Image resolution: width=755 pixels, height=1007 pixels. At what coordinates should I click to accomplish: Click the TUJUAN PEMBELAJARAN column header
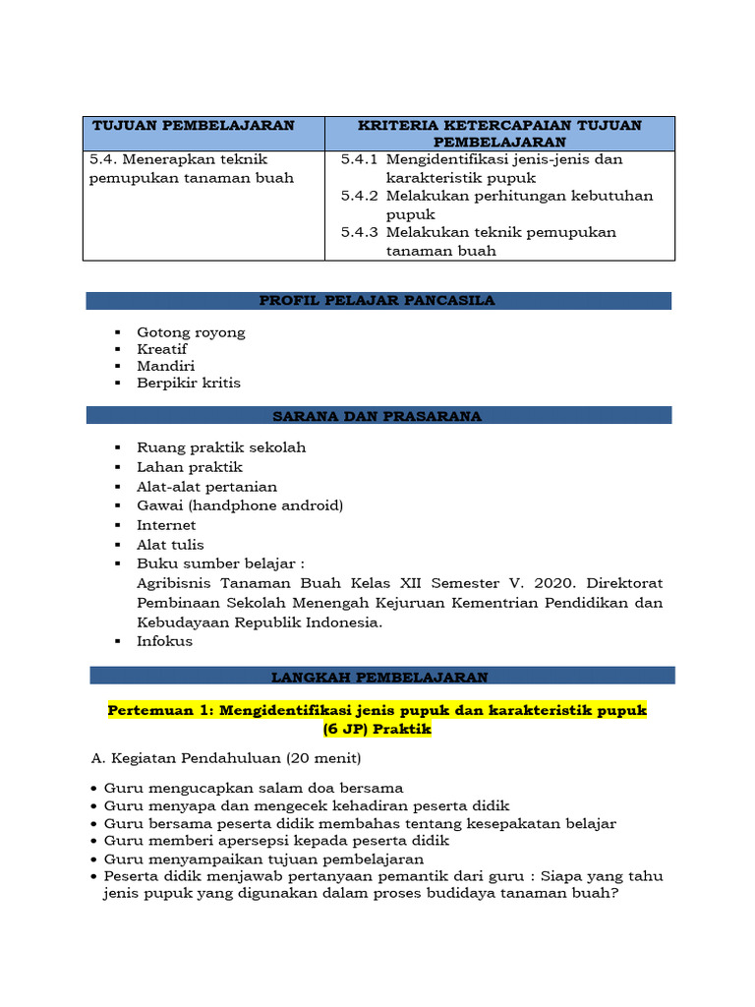[193, 126]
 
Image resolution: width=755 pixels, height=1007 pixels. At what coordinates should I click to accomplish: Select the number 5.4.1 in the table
[359, 159]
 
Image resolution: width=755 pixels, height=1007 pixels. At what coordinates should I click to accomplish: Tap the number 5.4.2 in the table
[359, 196]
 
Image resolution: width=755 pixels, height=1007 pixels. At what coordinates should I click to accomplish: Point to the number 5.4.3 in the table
[359, 232]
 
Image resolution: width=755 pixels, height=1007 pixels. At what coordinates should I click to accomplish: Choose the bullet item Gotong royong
[191, 332]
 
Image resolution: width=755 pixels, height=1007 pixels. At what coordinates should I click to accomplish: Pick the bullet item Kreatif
[162, 349]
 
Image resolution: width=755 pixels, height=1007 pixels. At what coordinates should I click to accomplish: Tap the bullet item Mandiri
[165, 366]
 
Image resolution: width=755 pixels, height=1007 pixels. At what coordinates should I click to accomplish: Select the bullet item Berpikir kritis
[189, 383]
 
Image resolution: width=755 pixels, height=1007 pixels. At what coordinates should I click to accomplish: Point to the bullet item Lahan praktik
[190, 467]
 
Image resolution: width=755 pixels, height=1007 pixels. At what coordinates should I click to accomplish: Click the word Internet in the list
[166, 525]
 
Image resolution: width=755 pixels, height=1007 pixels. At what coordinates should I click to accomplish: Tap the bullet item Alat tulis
[171, 545]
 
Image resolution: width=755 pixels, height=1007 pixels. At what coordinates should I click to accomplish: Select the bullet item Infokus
[165, 641]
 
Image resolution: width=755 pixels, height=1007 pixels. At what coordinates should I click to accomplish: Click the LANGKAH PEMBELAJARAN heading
[379, 678]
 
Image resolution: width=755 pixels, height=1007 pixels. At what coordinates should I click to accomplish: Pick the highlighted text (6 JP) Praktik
[377, 730]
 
